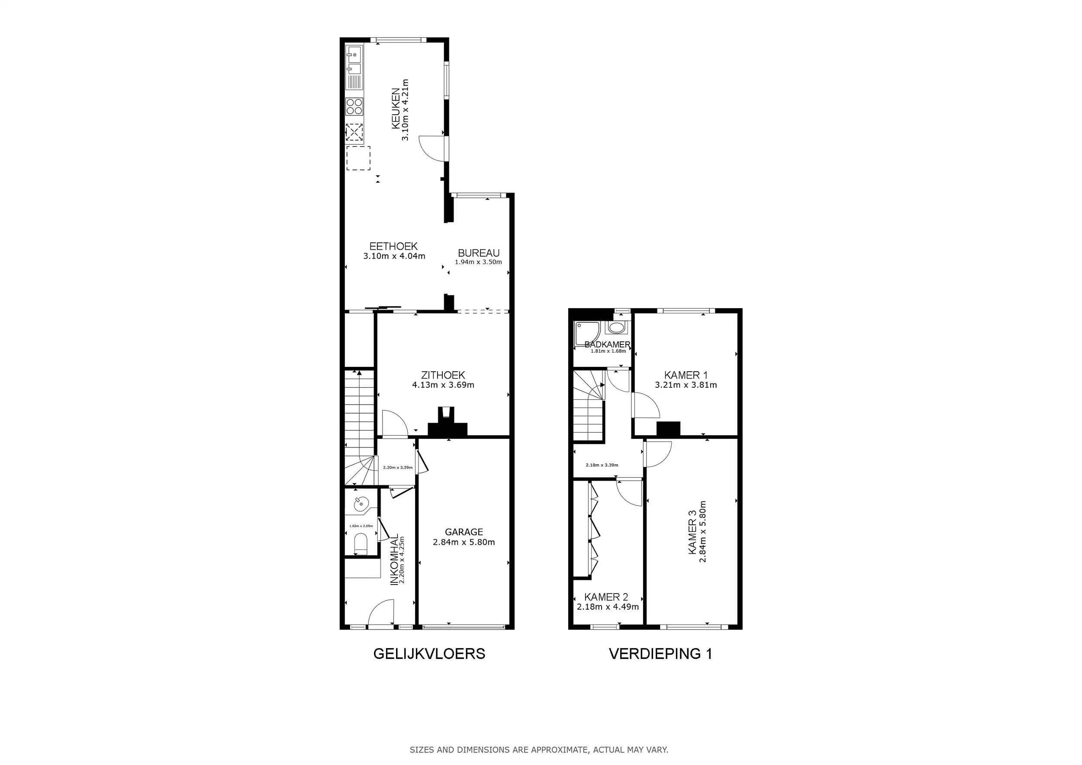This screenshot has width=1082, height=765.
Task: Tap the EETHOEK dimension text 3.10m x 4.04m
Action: (x=394, y=256)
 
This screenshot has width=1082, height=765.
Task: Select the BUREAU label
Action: (x=479, y=253)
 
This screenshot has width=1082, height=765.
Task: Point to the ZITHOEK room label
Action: (x=443, y=375)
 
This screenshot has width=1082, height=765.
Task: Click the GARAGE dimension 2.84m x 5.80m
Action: (x=464, y=542)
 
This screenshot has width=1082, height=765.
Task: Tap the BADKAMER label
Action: (x=608, y=344)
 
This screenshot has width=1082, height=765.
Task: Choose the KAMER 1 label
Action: (x=686, y=375)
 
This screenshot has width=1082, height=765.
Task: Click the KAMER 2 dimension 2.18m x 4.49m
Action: (x=608, y=607)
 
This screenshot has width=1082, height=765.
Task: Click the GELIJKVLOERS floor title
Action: (x=429, y=654)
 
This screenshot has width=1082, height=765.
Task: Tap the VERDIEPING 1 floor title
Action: (x=660, y=654)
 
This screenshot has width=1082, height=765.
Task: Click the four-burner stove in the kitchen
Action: (x=354, y=106)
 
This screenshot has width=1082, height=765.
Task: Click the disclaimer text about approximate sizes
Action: (x=539, y=749)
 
